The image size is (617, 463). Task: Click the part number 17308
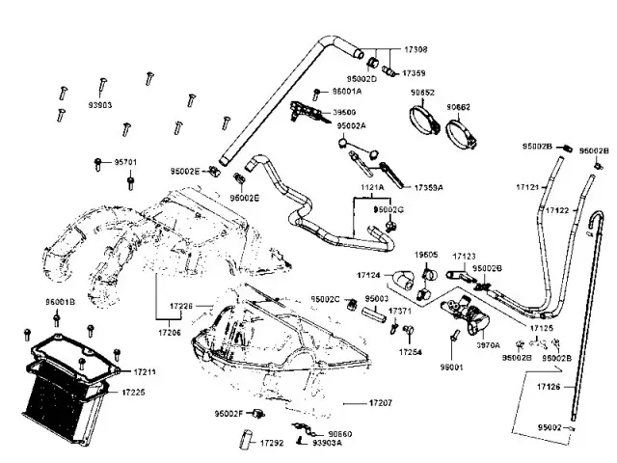pos(416,48)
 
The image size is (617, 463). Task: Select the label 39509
pos(345,113)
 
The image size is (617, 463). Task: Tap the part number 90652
pos(422,93)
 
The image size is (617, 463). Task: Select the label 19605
pos(426,255)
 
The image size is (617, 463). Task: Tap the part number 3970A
pos(488,344)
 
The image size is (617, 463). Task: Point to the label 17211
pos(145,371)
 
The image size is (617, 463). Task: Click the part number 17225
pos(134,393)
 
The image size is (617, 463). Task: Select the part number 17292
pos(271,443)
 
